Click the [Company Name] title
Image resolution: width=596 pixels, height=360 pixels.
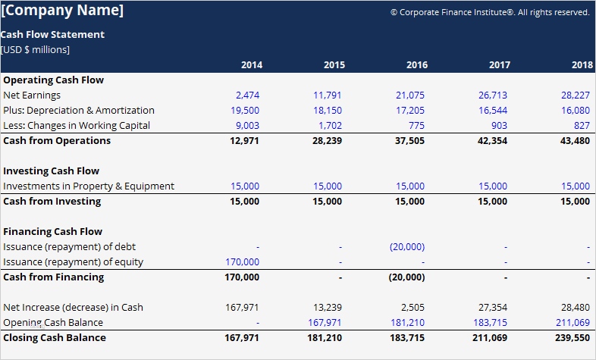(62, 11)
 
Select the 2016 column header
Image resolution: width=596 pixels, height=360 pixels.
(416, 65)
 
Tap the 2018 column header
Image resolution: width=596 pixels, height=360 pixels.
(582, 65)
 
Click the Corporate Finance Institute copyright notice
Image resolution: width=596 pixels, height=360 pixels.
(489, 12)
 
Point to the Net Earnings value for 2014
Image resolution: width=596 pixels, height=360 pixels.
(247, 95)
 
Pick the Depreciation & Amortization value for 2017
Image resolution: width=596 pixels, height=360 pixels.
(493, 111)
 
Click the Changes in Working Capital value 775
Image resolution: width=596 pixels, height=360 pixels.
(416, 126)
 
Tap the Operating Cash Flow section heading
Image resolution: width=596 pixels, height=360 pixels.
(53, 80)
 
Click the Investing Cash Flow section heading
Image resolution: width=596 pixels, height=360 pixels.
(51, 171)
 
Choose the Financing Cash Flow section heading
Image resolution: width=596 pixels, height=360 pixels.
(52, 232)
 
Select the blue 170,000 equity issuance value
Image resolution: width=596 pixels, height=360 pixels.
(243, 262)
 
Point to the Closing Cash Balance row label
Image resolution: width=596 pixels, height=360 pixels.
(55, 338)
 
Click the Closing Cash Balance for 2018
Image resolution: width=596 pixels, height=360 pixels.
(572, 338)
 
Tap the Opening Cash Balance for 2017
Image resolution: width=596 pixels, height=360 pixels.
(490, 323)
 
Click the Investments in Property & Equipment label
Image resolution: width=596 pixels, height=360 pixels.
(89, 186)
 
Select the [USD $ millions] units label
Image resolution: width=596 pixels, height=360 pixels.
(36, 50)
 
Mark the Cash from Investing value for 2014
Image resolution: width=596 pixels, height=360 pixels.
(244, 202)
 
